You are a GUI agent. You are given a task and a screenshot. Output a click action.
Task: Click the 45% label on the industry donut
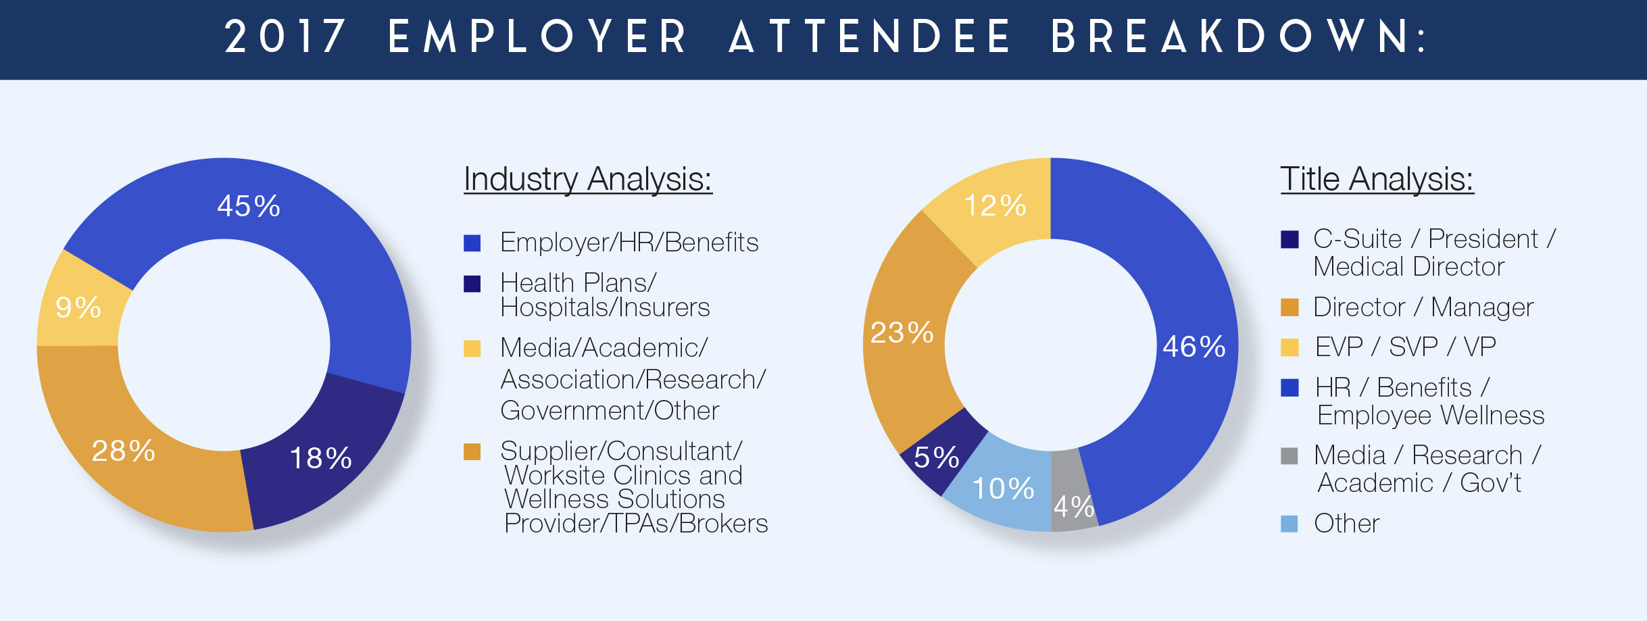(x=248, y=206)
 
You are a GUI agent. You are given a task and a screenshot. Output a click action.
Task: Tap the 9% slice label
(x=78, y=307)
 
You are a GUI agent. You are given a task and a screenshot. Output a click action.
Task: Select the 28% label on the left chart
(x=124, y=451)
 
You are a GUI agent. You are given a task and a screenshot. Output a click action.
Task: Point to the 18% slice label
(x=320, y=458)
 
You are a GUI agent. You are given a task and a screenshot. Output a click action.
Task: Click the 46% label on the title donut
(x=1194, y=347)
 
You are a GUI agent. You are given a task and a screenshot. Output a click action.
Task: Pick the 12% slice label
(x=995, y=205)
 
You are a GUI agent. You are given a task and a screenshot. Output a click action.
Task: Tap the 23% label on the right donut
(x=902, y=332)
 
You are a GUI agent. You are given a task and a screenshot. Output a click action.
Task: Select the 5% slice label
(x=937, y=457)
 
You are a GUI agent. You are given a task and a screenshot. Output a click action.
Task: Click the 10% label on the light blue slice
(x=1003, y=489)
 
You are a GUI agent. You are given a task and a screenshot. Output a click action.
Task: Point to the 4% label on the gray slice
(x=1074, y=507)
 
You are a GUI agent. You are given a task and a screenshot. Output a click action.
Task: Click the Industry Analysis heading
(x=588, y=180)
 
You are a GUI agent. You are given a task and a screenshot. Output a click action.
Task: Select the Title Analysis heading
(x=1377, y=180)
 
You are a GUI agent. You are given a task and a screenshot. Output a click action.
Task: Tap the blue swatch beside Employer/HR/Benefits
(x=472, y=243)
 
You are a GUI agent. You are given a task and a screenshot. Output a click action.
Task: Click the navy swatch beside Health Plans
(x=472, y=284)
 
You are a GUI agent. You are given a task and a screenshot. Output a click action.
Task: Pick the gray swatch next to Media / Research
(x=1289, y=456)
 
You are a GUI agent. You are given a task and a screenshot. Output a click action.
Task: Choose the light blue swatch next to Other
(x=1289, y=524)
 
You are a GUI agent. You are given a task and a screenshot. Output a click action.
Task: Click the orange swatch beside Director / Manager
(x=1289, y=307)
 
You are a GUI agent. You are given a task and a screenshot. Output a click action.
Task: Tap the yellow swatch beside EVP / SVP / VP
(x=1289, y=347)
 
